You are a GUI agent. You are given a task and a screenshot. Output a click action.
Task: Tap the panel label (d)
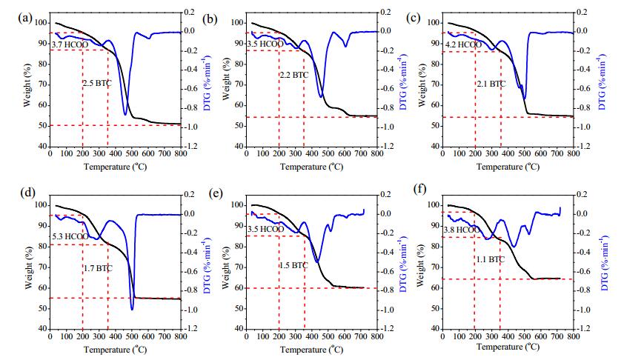click(x=28, y=193)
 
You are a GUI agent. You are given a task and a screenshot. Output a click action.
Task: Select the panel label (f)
click(x=421, y=189)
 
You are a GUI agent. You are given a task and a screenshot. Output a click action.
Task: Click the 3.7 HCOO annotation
click(x=70, y=44)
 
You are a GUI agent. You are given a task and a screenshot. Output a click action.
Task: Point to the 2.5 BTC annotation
click(x=97, y=83)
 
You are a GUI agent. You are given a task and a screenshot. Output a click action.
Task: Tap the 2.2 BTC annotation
click(x=293, y=75)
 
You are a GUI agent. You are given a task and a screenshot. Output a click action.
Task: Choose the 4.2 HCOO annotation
click(x=463, y=44)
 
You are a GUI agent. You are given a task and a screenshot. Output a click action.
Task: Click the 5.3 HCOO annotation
click(x=70, y=237)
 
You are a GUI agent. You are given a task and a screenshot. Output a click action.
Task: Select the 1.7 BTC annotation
click(x=98, y=268)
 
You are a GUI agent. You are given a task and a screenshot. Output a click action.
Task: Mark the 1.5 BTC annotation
click(x=293, y=265)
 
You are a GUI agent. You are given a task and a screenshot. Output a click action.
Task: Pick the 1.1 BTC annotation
click(x=491, y=259)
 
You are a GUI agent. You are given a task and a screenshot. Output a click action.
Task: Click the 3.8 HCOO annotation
click(x=462, y=230)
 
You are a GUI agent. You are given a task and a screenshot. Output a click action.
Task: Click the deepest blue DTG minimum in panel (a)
click(x=125, y=115)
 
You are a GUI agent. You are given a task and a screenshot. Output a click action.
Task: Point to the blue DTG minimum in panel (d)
click(x=132, y=310)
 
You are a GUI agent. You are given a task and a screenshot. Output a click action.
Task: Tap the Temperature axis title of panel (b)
click(x=311, y=166)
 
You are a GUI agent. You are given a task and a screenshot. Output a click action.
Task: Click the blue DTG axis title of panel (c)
click(x=602, y=83)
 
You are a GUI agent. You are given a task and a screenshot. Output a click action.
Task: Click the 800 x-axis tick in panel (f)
click(x=573, y=336)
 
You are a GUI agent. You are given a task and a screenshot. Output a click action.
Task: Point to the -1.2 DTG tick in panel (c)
click(x=582, y=147)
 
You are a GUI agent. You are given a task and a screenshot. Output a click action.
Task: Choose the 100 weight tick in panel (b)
click(x=237, y=23)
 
